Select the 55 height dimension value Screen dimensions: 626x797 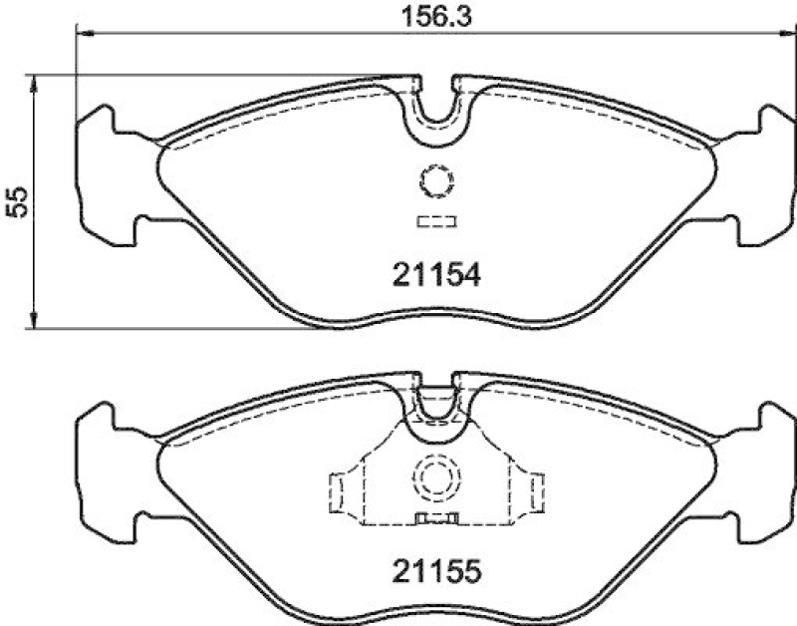click(15, 201)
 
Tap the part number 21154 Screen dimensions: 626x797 click(434, 274)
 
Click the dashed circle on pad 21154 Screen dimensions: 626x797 click(435, 180)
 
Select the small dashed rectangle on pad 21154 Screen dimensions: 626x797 click(435, 221)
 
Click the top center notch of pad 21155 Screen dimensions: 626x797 click(435, 397)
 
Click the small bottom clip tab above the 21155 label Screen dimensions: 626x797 click(435, 517)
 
